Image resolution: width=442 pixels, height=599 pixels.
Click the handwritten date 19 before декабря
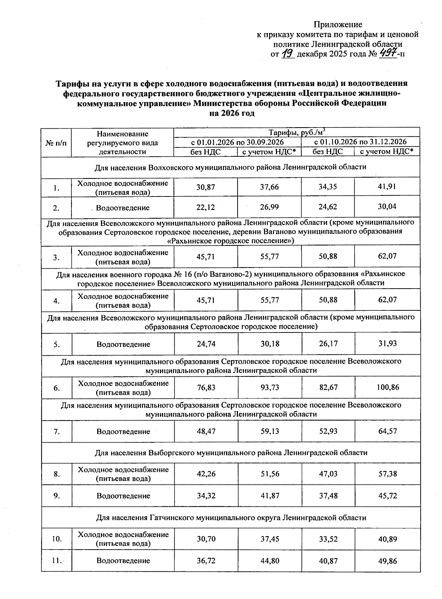click(x=287, y=54)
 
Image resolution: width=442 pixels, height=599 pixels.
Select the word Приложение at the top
click(x=338, y=25)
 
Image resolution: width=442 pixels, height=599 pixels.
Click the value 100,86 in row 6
click(x=387, y=387)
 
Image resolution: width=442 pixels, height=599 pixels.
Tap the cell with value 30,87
click(x=206, y=187)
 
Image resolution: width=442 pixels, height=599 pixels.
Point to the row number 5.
click(x=56, y=345)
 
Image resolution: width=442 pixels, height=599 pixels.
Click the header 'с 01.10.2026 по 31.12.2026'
click(x=360, y=142)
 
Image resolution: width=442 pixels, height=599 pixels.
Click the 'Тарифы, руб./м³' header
click(x=297, y=132)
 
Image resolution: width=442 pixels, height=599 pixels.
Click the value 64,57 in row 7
click(x=387, y=431)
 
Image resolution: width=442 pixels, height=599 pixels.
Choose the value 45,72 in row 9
click(x=387, y=496)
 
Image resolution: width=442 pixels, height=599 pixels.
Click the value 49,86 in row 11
click(x=387, y=561)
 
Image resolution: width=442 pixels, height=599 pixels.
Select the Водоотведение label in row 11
click(x=123, y=561)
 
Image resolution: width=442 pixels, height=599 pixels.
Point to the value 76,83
click(x=206, y=387)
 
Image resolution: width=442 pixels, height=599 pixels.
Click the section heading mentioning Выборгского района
click(x=231, y=453)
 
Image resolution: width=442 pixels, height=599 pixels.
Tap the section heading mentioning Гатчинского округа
click(x=231, y=518)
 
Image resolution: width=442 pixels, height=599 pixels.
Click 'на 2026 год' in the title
click(x=232, y=114)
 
